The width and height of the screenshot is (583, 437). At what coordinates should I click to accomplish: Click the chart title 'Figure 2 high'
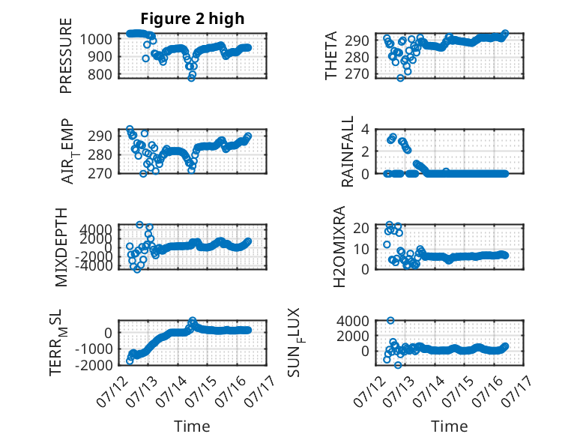click(193, 18)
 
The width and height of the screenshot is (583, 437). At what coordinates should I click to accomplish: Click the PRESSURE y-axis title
click(65, 55)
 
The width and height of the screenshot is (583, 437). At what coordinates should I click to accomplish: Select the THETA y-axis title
click(330, 55)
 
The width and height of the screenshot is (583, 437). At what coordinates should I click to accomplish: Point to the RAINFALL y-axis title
click(347, 151)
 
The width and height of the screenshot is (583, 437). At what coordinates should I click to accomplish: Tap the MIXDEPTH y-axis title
click(61, 247)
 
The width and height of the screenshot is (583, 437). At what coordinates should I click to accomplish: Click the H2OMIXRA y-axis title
click(339, 247)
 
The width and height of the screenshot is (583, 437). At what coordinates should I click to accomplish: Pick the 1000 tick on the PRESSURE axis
click(96, 39)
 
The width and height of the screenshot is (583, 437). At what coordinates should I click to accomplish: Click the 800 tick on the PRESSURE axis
click(100, 74)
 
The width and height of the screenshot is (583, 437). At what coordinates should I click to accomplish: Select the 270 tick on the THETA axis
click(357, 74)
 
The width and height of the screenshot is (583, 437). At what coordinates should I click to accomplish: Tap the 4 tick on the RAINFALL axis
click(366, 130)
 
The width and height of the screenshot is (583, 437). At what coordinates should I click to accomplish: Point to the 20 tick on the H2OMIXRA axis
click(361, 228)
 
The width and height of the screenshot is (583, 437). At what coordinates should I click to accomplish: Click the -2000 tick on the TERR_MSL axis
click(94, 365)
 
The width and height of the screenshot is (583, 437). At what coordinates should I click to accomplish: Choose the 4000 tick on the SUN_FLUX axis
click(353, 321)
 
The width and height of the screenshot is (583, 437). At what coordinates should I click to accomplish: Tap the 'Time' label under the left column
click(193, 426)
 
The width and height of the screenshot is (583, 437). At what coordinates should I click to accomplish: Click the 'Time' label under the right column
click(450, 426)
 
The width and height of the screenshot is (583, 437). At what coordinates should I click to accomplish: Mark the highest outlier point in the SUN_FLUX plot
click(390, 320)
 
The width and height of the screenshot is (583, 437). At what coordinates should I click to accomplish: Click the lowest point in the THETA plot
click(400, 78)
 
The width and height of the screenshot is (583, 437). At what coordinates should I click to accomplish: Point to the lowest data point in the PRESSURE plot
click(192, 78)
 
